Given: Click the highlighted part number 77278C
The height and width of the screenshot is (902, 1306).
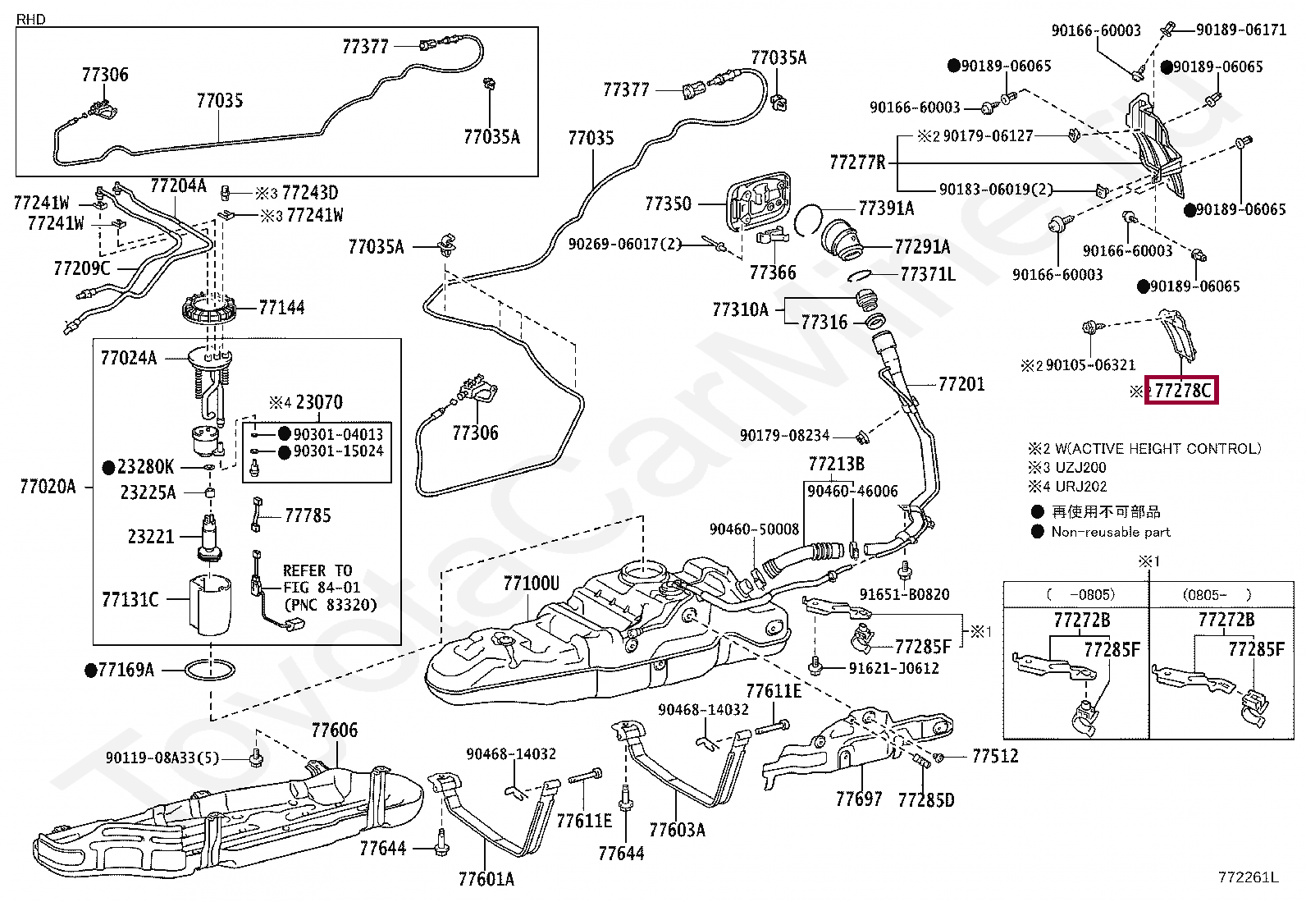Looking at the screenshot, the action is (1182, 390).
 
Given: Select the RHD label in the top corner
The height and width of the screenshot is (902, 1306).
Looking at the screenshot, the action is (31, 19).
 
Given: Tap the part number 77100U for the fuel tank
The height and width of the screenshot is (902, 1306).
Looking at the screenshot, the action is (531, 583).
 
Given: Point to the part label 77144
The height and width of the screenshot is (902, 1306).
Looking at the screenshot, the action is (281, 307).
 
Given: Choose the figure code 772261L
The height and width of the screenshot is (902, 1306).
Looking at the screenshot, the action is (1249, 877).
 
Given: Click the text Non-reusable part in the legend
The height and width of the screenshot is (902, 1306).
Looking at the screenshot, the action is (1111, 532).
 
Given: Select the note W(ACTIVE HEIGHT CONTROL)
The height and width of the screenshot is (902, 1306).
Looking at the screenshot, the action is (1158, 448).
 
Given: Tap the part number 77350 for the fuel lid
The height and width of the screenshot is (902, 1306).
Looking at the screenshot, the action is (668, 204).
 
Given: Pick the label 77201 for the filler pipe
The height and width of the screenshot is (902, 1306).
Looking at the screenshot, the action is (961, 384).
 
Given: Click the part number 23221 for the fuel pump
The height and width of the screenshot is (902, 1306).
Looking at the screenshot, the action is (151, 536).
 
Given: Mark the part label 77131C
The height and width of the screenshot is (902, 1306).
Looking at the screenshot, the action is (130, 599).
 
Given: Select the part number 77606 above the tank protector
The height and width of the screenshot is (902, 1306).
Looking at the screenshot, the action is (335, 730).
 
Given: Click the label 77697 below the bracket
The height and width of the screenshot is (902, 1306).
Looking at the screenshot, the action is (859, 799).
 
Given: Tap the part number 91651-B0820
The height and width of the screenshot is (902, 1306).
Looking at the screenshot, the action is (904, 594).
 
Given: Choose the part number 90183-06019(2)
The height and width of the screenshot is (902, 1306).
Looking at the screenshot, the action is (996, 189).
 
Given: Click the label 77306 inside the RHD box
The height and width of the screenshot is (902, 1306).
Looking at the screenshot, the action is (105, 75).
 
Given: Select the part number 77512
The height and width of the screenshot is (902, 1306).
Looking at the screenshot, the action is (995, 756).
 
